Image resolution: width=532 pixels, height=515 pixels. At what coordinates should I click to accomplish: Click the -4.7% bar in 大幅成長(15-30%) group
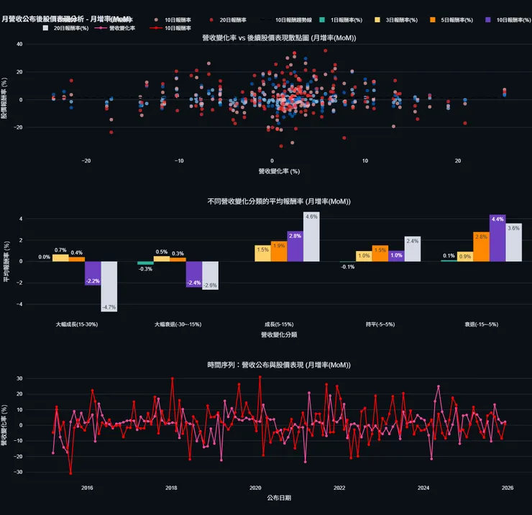coord(109,286)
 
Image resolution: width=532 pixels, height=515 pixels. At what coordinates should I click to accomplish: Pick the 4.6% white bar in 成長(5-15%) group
coord(311,237)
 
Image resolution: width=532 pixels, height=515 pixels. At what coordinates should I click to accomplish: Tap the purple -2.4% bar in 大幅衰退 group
coord(194,274)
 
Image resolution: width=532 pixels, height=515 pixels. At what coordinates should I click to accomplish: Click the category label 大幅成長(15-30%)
coord(77,324)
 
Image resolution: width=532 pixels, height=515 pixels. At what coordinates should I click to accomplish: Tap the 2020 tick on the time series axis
coord(255,488)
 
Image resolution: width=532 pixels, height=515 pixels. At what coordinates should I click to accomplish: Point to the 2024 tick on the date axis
coord(423,488)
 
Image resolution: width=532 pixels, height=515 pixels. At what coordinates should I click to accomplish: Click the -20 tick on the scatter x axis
coord(86,161)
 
